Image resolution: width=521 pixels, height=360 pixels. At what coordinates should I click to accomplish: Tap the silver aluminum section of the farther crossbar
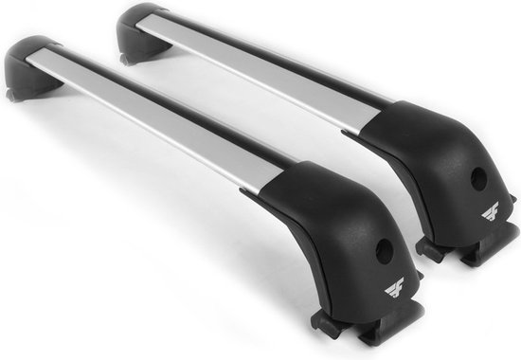tap(275, 76)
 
